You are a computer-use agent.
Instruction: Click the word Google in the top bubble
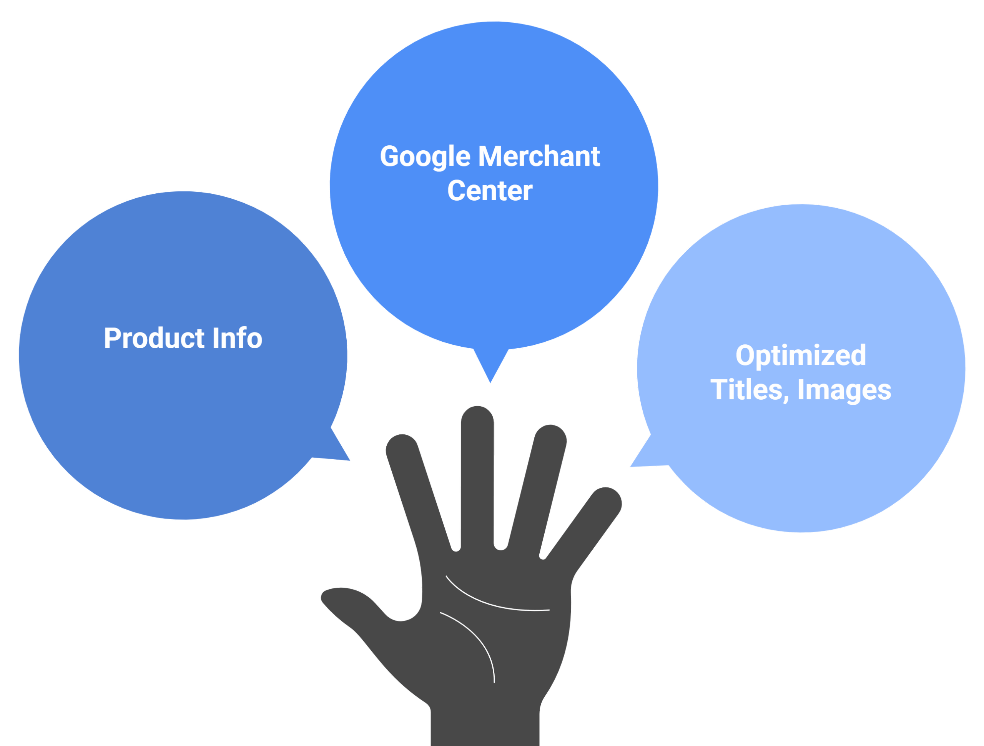pyautogui.click(x=425, y=156)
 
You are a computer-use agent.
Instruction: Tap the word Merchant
pyautogui.click(x=539, y=156)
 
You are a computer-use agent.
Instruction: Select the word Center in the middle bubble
pyautogui.click(x=490, y=191)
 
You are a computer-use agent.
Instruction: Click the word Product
pyautogui.click(x=154, y=338)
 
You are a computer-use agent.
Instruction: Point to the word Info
pyautogui.click(x=237, y=338)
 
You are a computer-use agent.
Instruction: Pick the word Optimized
pyautogui.click(x=801, y=355)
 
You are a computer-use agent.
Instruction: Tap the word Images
pyautogui.click(x=844, y=390)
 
